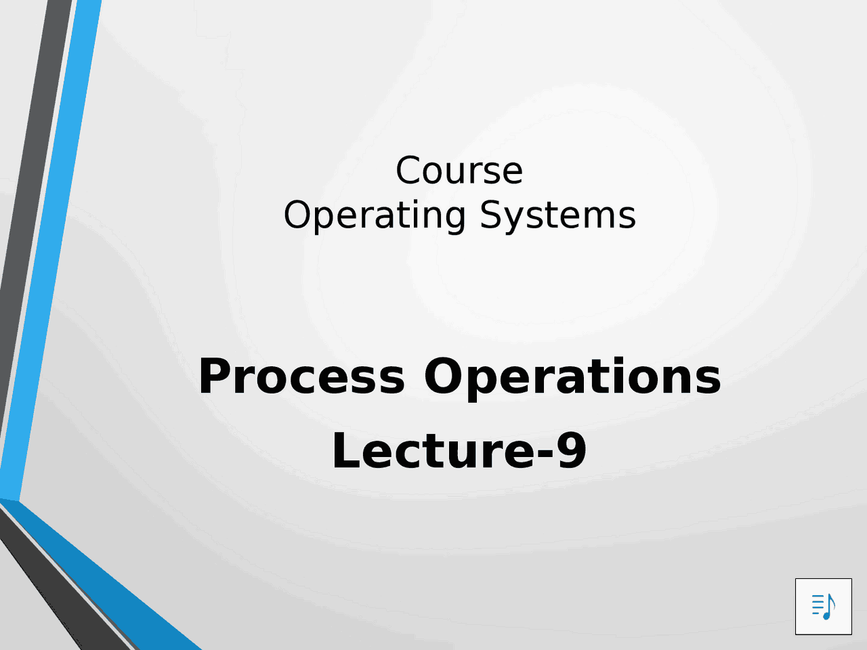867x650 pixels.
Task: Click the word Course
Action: tap(459, 171)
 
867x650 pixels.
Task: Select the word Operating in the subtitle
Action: tap(375, 215)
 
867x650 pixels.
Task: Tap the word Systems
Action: tap(557, 215)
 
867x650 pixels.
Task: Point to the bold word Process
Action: tap(301, 377)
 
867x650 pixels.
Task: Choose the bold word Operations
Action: tap(572, 377)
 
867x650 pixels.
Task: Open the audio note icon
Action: tap(823, 606)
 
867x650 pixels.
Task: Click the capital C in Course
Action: tap(408, 171)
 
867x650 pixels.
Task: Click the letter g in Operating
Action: tap(453, 218)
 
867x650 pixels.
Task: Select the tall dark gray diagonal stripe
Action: tap(27, 203)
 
